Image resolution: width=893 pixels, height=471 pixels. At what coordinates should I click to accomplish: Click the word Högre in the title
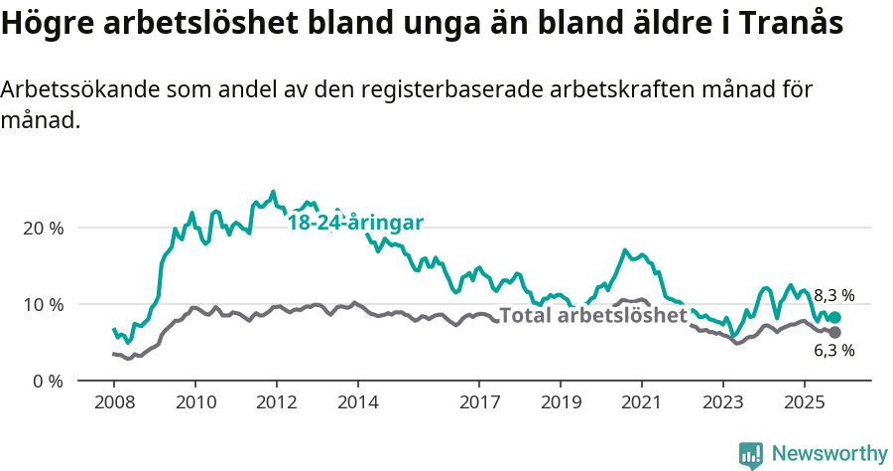point(47,24)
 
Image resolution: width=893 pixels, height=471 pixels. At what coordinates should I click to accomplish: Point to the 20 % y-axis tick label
point(43,228)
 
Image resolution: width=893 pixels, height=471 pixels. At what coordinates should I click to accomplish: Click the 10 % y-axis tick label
point(43,304)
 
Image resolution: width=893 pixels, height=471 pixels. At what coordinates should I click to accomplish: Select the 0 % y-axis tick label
point(48,381)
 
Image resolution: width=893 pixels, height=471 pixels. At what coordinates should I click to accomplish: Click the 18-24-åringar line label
point(355,223)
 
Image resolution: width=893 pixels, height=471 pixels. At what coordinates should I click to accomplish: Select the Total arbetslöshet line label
point(593,316)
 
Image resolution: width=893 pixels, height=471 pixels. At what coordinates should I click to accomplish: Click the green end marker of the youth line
point(834,317)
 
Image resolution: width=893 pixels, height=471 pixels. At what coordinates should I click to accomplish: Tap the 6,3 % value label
point(834,351)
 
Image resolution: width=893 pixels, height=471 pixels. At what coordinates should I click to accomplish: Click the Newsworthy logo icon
point(751,454)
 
